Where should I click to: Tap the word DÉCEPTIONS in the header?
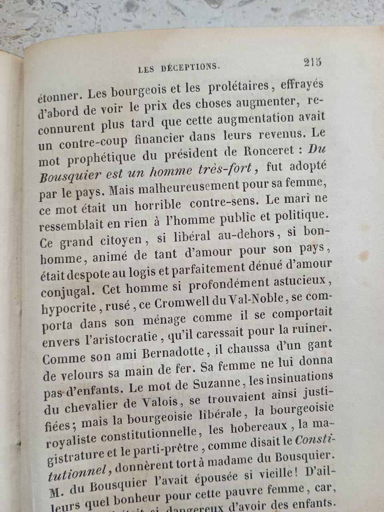click(190, 68)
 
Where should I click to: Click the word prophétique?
click(101, 158)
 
